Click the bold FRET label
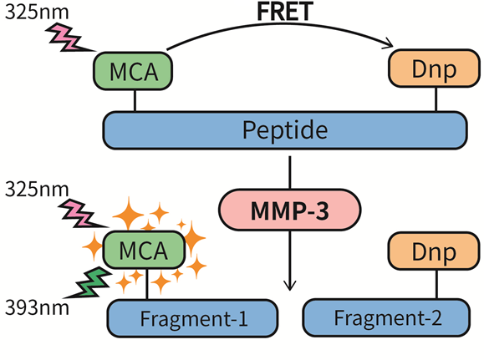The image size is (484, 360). click(285, 12)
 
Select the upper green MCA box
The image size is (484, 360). click(133, 71)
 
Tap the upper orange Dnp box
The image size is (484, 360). click(434, 68)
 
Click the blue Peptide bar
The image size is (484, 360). click(285, 130)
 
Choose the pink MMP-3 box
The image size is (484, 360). click(290, 210)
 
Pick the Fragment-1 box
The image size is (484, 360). click(192, 318)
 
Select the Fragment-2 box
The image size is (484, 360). click(386, 317)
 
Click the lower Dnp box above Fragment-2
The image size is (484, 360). click(434, 251)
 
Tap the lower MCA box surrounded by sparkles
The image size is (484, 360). click(144, 250)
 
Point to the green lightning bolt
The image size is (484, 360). click(89, 283)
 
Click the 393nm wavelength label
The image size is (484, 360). click(37, 308)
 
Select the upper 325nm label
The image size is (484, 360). click(37, 12)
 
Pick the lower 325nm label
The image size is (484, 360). click(37, 189)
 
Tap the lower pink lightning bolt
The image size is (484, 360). click(83, 214)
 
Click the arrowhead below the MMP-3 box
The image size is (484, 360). click(289, 286)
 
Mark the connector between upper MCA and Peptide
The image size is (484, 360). click(135, 100)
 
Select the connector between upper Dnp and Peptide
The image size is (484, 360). click(436, 99)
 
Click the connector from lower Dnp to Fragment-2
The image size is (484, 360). click(437, 285)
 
